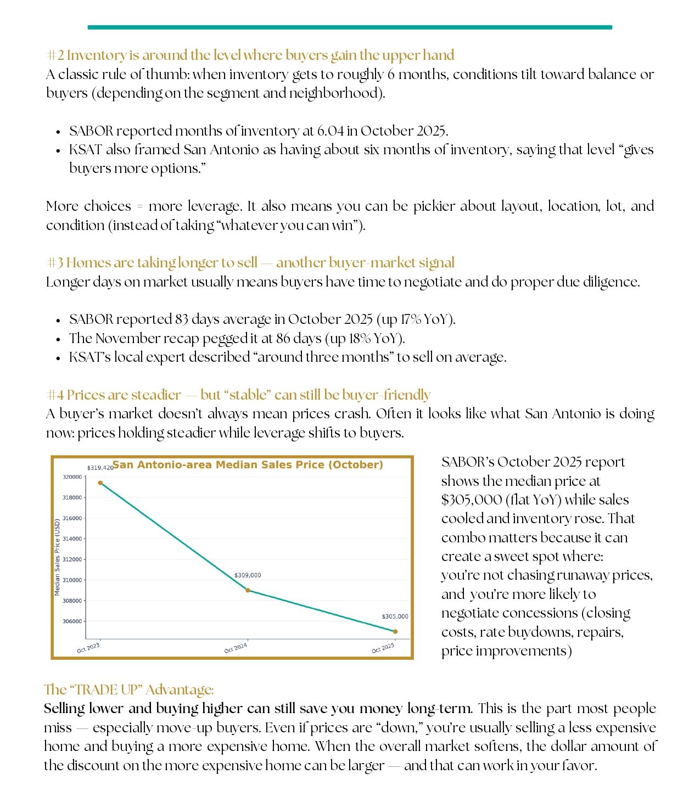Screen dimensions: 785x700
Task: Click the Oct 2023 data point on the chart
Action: point(100,483)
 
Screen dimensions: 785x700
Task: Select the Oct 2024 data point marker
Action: point(248,590)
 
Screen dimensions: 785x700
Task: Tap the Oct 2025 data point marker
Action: point(395,631)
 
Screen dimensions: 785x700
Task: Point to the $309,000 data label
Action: point(248,575)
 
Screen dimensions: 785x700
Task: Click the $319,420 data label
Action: point(100,468)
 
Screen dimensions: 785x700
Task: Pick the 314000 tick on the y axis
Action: point(72,539)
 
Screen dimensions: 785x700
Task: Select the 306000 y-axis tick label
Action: point(72,621)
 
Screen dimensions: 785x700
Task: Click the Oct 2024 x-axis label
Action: point(236,648)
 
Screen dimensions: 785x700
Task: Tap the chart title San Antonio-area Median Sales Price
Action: point(248,465)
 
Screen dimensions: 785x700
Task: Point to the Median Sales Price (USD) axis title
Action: point(57,557)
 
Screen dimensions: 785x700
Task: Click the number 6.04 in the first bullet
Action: point(330,131)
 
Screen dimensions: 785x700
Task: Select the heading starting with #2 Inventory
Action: point(250,55)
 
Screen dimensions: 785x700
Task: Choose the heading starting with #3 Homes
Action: point(250,263)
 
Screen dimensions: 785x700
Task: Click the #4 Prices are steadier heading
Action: point(238,395)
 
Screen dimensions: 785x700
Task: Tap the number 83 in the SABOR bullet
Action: point(182,319)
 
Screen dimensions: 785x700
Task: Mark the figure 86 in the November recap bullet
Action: point(283,338)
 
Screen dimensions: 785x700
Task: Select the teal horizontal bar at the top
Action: point(350,27)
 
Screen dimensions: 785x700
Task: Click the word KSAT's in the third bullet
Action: point(90,357)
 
